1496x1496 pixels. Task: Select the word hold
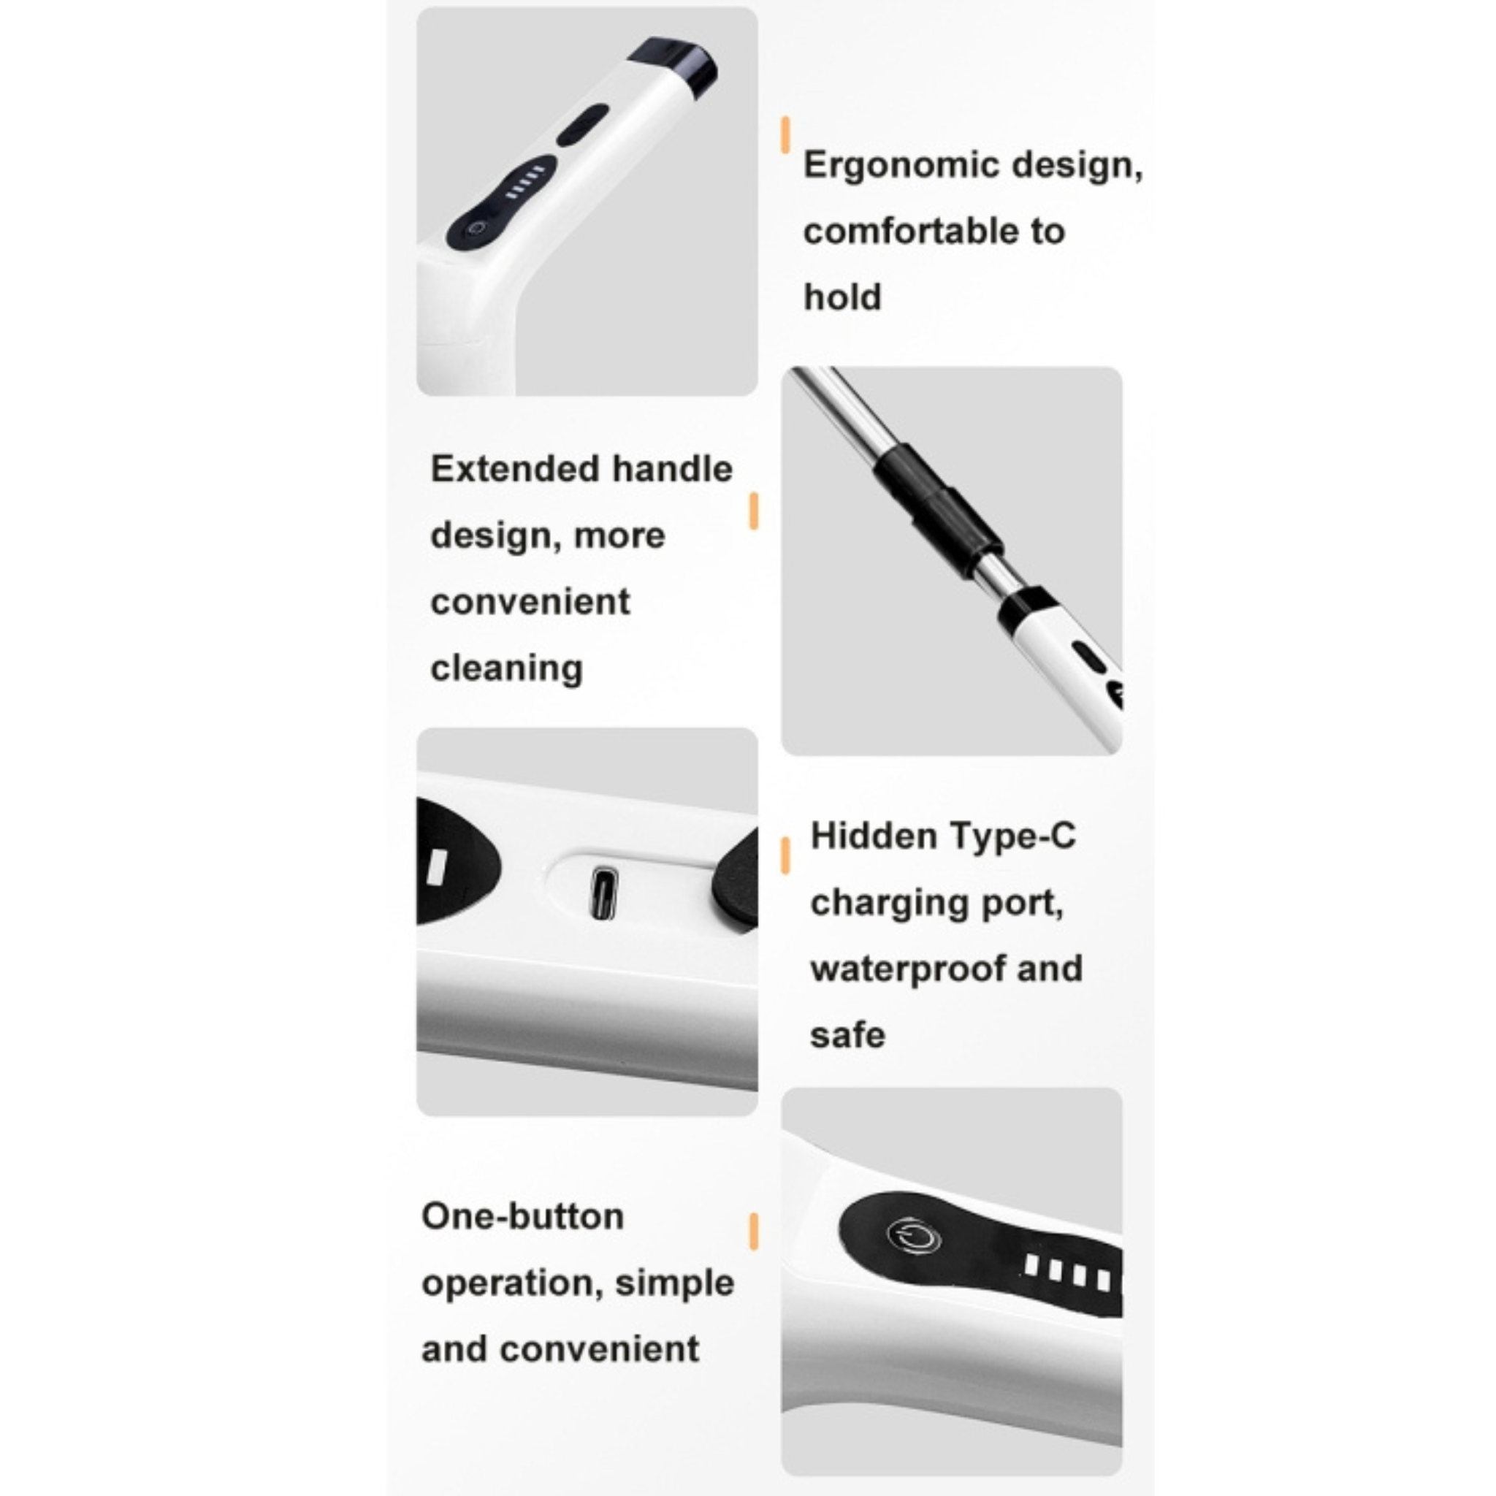pos(842,297)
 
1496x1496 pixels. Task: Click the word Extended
pos(515,468)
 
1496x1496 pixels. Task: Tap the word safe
pos(847,1036)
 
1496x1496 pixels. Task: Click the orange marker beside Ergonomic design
pos(785,134)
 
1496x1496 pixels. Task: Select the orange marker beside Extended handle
pos(753,511)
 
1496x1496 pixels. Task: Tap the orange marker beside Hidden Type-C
pos(785,855)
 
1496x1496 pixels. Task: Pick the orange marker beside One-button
pos(753,1232)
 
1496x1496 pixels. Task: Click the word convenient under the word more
pos(530,603)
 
